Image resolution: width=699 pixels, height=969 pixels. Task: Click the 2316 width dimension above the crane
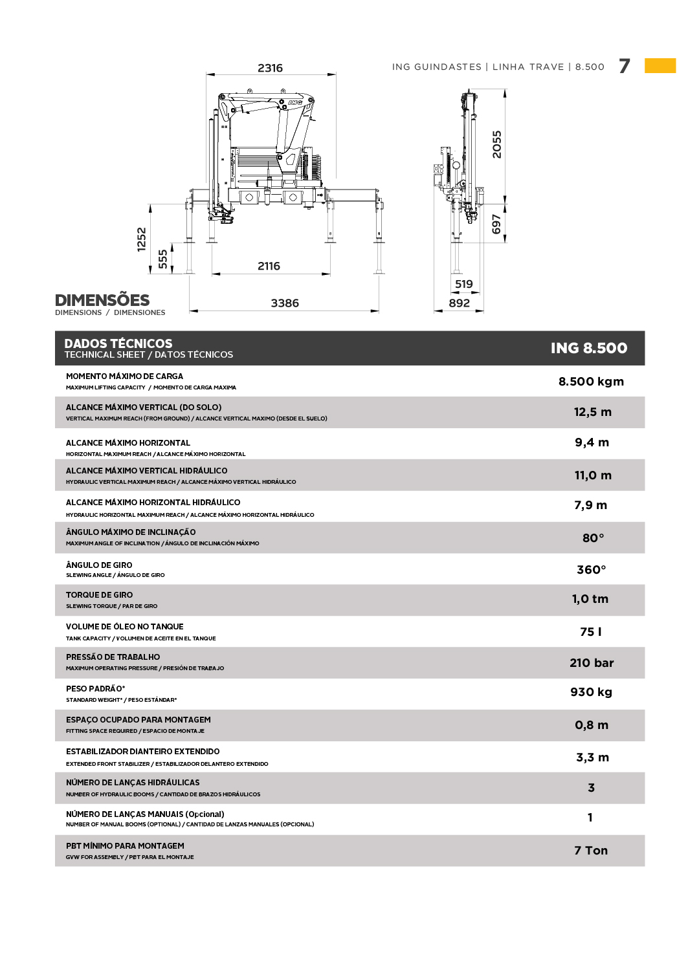tap(270, 68)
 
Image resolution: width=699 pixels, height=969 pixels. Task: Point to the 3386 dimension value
tap(285, 303)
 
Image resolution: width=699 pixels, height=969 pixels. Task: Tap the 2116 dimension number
tap(269, 266)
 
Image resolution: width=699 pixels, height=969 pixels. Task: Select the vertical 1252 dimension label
tap(142, 239)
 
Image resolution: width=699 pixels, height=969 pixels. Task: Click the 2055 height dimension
tap(496, 144)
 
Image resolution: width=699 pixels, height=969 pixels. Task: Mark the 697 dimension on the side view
tap(496, 224)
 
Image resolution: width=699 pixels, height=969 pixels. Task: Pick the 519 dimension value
tap(463, 284)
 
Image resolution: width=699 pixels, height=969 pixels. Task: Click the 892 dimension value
tap(459, 303)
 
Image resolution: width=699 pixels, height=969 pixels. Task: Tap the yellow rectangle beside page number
tap(660, 65)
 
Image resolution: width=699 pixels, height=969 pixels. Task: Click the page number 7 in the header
tap(624, 66)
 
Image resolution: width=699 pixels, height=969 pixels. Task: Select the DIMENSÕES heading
tap(102, 300)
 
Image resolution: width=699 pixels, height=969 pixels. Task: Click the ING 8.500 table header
tap(588, 348)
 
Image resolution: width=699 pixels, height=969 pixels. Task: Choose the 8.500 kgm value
tap(591, 381)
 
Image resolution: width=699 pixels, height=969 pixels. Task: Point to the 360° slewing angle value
tap(591, 569)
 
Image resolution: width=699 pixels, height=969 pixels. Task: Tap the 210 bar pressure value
tap(591, 662)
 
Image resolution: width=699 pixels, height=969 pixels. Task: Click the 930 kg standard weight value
tap(591, 691)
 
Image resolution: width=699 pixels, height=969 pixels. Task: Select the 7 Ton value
tap(591, 850)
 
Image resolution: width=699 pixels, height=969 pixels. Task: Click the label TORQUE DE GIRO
tap(99, 594)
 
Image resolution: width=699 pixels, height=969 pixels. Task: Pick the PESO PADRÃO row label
tap(95, 688)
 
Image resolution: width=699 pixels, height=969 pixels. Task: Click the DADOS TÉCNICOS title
tap(118, 343)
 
